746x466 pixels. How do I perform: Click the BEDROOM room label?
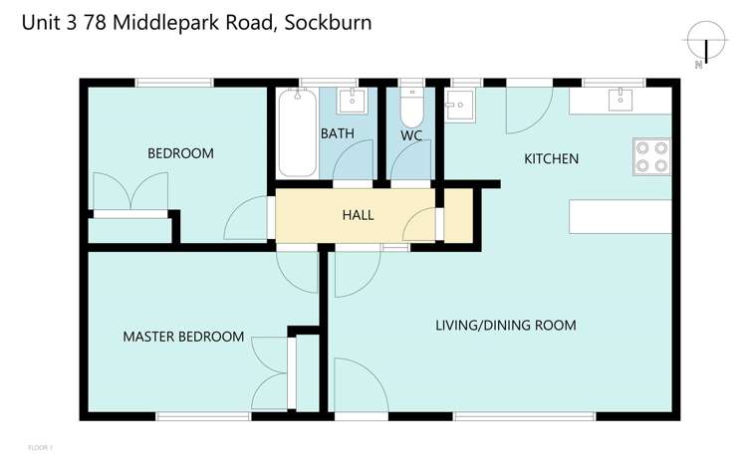(180, 153)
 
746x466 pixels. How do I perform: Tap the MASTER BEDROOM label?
(183, 337)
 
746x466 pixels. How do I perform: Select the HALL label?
(358, 214)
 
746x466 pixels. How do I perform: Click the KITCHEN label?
(551, 158)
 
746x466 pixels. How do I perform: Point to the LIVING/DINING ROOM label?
(506, 326)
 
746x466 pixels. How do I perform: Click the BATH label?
(333, 132)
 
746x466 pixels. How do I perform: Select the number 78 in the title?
(97, 22)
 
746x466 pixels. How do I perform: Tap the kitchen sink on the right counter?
(622, 99)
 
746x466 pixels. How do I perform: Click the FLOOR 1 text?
(40, 448)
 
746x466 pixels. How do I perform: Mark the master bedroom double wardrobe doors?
(270, 368)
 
